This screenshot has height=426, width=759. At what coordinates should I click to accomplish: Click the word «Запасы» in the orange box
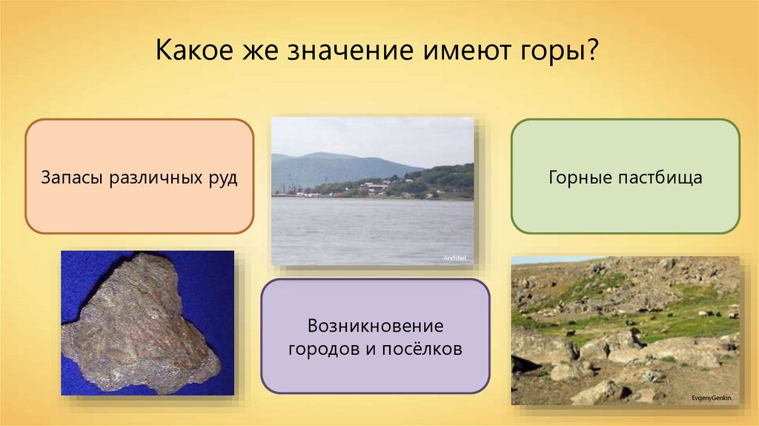point(70,177)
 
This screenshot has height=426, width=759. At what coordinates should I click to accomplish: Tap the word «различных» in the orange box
point(155,179)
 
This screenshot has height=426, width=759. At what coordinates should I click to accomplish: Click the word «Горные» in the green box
point(580,177)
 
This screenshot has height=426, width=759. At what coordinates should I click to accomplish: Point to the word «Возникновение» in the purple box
point(376,326)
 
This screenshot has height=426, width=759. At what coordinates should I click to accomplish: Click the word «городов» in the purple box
point(323,350)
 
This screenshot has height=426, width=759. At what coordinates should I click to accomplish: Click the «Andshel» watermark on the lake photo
point(454,258)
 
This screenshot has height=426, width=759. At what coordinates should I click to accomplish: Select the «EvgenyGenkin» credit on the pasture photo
point(712,399)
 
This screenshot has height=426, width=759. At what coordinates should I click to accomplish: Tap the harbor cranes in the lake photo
point(291,186)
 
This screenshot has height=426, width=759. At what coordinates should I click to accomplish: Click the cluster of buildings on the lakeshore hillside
point(376,188)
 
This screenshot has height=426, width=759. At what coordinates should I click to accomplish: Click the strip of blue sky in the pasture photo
point(557,260)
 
